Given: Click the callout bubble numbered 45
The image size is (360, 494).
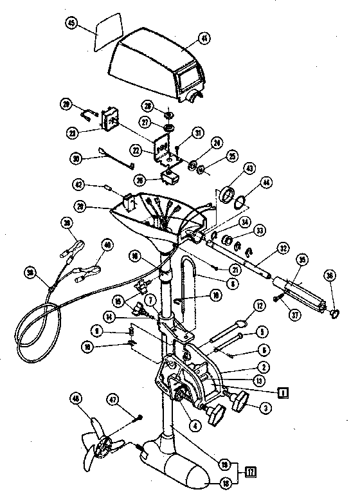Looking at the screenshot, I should [72, 23].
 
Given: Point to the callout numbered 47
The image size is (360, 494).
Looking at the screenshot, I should [132, 401].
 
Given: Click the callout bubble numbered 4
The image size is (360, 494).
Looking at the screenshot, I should [195, 425].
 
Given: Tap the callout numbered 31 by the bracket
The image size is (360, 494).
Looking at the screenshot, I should [198, 133].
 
